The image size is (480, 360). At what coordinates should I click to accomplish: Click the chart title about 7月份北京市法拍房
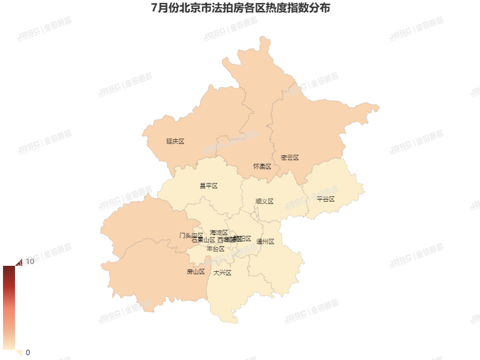240,9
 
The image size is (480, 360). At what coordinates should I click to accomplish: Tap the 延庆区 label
175,142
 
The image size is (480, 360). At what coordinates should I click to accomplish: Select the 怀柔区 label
262,166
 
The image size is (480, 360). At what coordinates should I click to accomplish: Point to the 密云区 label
290,158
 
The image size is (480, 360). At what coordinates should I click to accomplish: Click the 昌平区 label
208,186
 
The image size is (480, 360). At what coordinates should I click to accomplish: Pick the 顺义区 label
264,202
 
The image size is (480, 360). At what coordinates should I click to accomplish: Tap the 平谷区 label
325,199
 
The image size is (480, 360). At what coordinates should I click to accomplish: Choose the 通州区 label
265,242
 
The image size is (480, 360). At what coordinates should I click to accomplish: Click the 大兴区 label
222,273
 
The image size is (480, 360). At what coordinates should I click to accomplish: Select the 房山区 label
196,272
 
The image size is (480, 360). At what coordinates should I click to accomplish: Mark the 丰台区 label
215,248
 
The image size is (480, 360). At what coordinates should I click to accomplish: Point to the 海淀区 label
218,232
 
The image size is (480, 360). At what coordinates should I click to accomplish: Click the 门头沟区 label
190,235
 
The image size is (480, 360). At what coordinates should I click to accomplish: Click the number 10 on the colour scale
29,262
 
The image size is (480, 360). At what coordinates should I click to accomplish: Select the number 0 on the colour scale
28,352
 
